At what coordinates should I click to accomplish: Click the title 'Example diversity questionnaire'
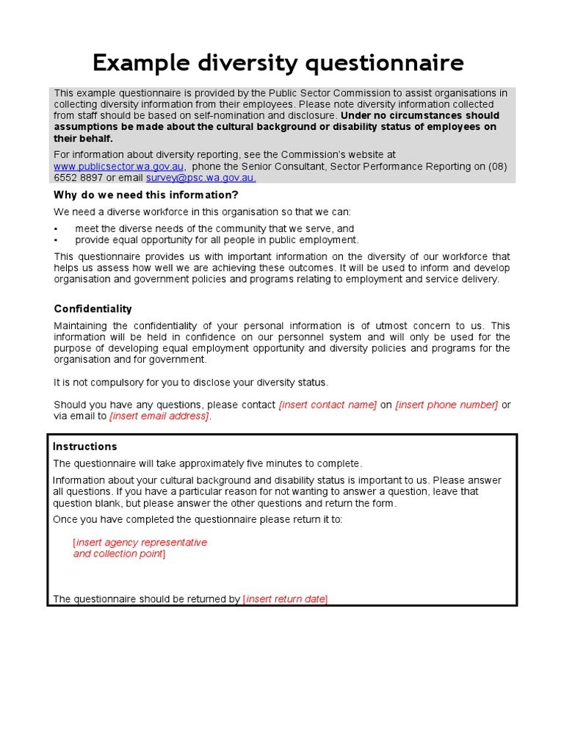[278, 63]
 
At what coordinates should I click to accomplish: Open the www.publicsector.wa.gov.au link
[119, 167]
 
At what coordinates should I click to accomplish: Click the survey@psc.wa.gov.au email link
[200, 178]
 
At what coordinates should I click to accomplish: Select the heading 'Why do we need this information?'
[146, 195]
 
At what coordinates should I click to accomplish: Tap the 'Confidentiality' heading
[93, 308]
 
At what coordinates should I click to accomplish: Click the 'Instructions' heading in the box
[84, 446]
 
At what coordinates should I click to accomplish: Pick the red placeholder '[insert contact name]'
[328, 405]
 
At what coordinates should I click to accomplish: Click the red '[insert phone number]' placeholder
[446, 405]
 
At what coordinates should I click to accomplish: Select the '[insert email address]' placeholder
[159, 416]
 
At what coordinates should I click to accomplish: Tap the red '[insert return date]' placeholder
[285, 599]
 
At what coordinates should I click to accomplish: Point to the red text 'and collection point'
[118, 554]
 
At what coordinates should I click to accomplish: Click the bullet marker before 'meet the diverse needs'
[56, 229]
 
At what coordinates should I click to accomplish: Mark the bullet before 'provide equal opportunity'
[56, 240]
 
